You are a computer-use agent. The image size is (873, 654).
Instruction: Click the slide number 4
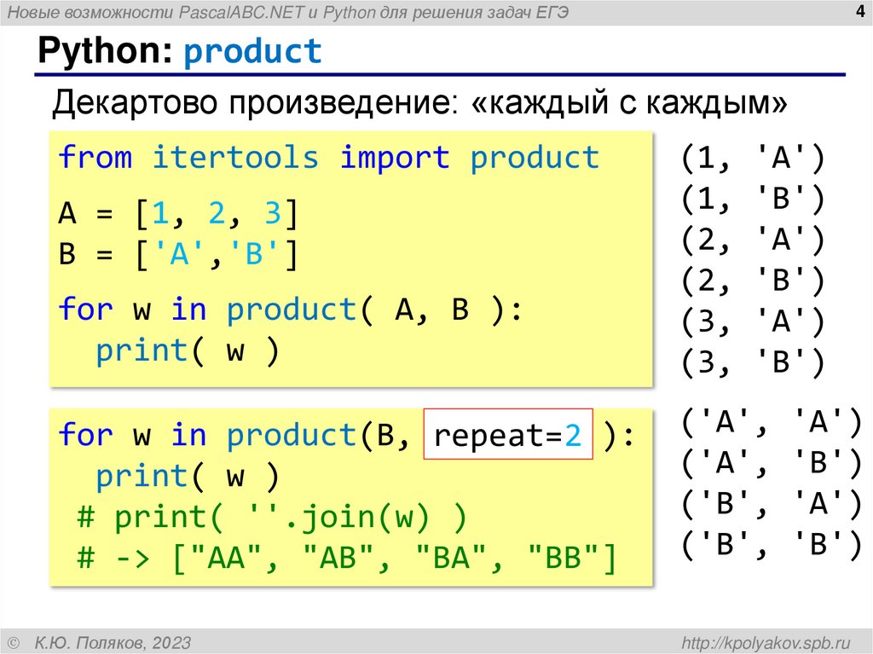click(x=859, y=11)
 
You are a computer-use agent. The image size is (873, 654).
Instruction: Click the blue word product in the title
click(x=253, y=52)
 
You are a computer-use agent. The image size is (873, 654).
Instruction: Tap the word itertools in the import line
click(x=235, y=158)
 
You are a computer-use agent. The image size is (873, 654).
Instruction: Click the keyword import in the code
click(x=395, y=158)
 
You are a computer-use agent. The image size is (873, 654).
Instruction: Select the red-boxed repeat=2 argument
click(x=508, y=437)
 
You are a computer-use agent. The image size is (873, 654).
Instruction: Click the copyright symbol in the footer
click(x=12, y=642)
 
